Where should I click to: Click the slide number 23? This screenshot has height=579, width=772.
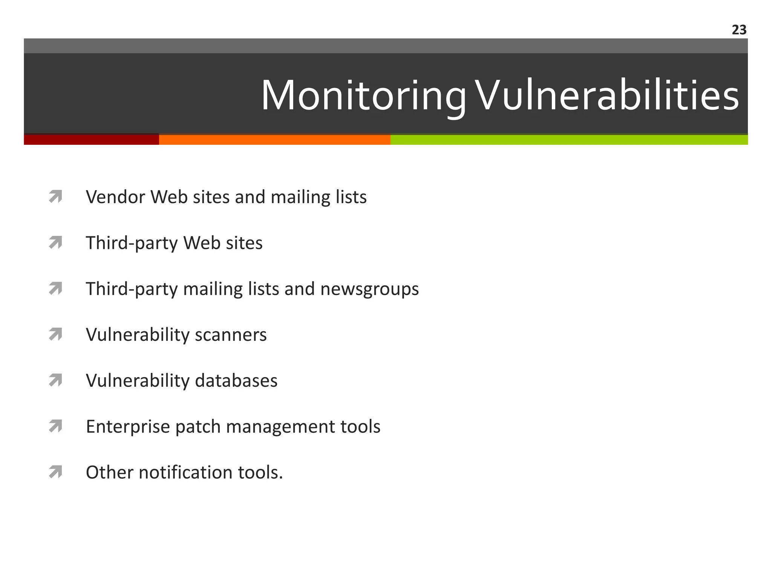[739, 30]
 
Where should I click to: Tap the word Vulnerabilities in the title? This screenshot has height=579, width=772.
[606, 95]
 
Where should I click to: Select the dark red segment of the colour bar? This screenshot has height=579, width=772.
[91, 139]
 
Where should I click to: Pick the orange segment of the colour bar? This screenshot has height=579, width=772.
[274, 139]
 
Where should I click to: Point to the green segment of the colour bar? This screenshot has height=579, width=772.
[569, 139]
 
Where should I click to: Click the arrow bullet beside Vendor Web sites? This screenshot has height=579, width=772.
[55, 197]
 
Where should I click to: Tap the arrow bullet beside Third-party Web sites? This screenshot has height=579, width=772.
[55, 243]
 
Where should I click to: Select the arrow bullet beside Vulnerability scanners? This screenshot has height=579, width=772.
[55, 334]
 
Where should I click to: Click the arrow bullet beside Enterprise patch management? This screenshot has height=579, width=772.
[55, 426]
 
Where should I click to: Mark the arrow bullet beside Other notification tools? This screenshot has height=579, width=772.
[55, 472]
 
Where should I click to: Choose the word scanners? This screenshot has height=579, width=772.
[231, 335]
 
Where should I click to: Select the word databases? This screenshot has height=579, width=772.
[236, 381]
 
